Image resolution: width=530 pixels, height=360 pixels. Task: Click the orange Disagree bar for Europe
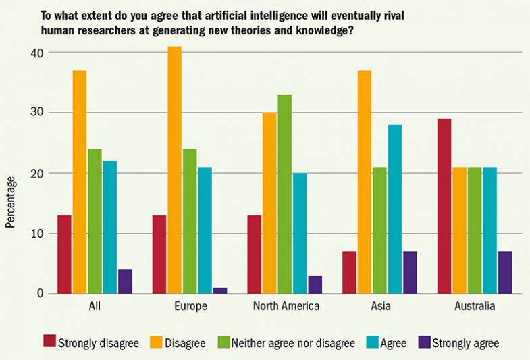click(174, 170)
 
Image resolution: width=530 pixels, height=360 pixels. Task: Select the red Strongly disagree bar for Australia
click(444, 206)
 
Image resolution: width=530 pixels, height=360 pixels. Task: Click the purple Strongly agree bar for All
click(125, 282)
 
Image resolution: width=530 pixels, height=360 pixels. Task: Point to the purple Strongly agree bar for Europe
click(219, 290)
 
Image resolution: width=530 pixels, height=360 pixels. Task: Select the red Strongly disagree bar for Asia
click(350, 273)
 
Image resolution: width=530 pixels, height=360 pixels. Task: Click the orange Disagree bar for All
click(80, 182)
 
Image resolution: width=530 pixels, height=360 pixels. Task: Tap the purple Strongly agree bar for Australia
click(504, 273)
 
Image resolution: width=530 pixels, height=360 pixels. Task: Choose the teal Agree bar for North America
click(300, 233)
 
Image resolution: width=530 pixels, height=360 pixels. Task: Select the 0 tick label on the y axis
click(41, 294)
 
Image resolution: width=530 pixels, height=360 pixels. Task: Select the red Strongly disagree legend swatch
click(50, 343)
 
